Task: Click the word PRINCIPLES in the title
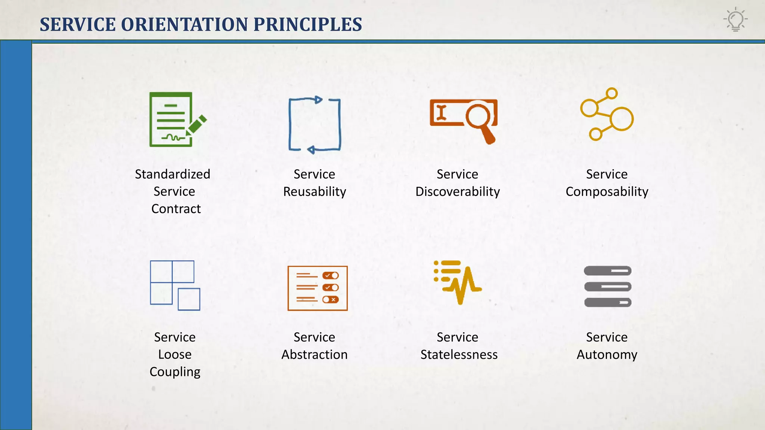tap(307, 25)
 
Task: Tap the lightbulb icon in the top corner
tap(735, 20)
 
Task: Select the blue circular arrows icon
tap(315, 125)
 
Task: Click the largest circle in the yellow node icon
tap(622, 119)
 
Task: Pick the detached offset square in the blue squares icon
tap(189, 299)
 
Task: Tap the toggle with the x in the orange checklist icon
tap(331, 300)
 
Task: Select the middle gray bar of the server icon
tap(608, 287)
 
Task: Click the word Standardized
tap(173, 174)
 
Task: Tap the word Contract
tap(176, 209)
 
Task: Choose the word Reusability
tap(315, 191)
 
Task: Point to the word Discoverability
tap(458, 191)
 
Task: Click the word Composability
tap(607, 191)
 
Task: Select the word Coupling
tap(175, 372)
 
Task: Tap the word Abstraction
tap(315, 355)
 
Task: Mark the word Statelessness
tap(459, 355)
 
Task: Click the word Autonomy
tap(607, 355)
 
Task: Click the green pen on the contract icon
tap(196, 125)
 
